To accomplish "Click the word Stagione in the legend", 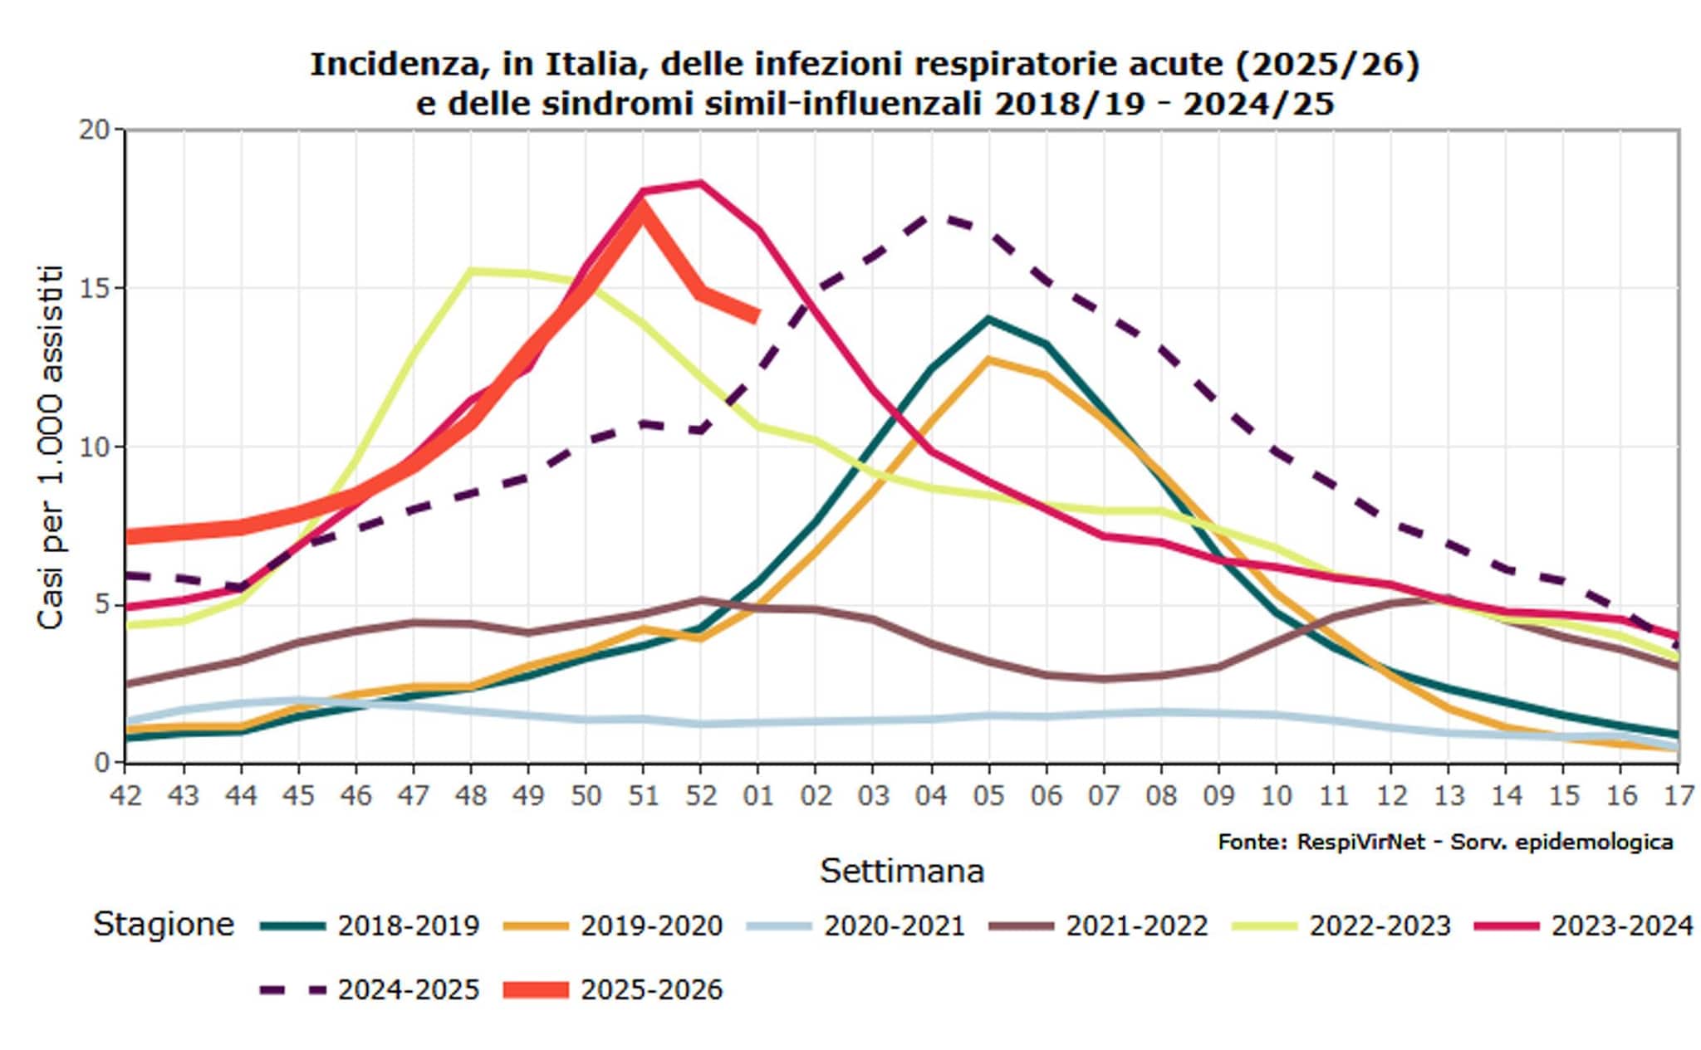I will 164,924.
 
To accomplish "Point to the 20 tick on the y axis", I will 94,130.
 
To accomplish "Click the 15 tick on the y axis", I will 94,289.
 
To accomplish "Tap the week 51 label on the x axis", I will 642,795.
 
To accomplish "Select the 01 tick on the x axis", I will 757,795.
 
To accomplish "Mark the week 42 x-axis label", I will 125,795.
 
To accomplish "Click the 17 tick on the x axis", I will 1678,795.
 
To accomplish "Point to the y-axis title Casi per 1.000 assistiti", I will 51,447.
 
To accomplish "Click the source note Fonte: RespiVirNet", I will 1444,842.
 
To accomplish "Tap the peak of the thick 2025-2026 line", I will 642,208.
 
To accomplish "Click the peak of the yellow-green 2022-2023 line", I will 471,271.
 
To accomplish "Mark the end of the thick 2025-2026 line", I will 757,316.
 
